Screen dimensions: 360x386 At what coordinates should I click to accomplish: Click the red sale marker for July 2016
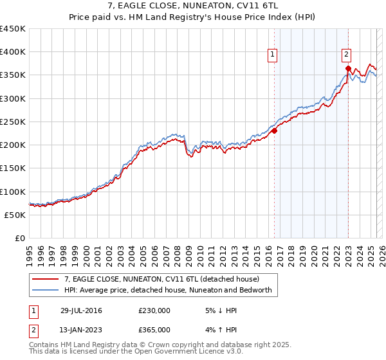(274, 130)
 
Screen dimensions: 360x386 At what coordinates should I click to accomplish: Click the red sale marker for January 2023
(348, 68)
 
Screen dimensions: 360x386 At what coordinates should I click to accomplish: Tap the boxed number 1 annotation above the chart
(273, 55)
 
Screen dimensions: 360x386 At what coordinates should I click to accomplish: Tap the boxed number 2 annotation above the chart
(346, 55)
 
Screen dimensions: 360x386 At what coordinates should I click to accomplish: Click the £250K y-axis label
(13, 122)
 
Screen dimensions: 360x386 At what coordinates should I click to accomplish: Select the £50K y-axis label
(15, 215)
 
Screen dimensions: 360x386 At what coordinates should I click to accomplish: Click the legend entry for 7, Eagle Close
(161, 279)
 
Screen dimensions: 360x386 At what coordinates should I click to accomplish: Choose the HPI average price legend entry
(169, 291)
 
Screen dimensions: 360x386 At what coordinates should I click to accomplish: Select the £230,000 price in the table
(154, 310)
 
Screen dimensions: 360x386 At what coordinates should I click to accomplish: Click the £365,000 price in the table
(154, 330)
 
